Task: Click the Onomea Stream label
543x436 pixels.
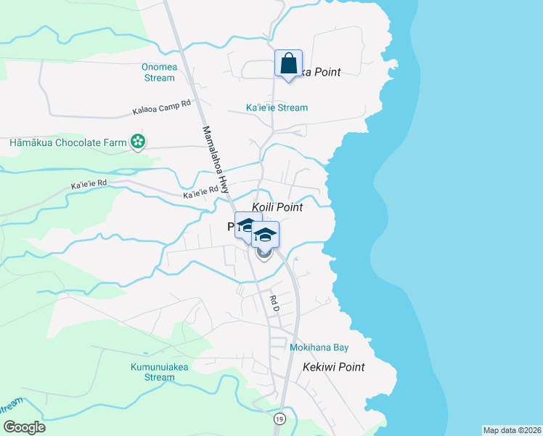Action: click(158, 73)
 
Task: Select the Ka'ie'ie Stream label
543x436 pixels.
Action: click(277, 108)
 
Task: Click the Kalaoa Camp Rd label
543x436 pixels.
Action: click(161, 108)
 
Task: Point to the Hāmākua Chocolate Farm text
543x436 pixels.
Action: click(68, 142)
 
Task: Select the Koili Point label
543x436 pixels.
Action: click(277, 207)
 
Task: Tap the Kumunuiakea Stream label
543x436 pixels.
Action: click(159, 372)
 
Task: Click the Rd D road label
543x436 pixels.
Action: click(274, 303)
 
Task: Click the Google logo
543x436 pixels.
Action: click(24, 427)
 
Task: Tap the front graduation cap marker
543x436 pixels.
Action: click(265, 235)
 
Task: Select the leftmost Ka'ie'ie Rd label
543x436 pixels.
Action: click(89, 185)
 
